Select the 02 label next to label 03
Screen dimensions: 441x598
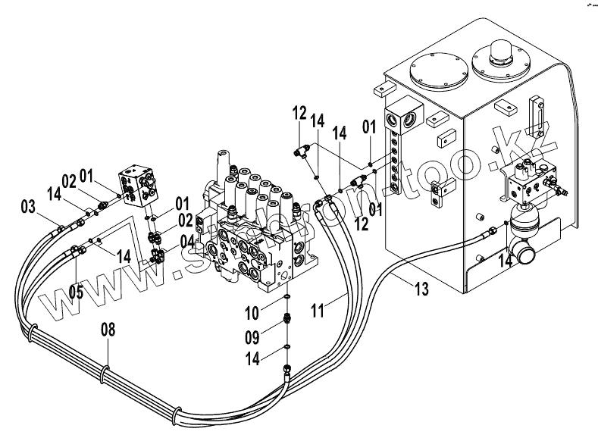coord(69,181)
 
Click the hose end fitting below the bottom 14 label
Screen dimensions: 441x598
coord(286,368)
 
